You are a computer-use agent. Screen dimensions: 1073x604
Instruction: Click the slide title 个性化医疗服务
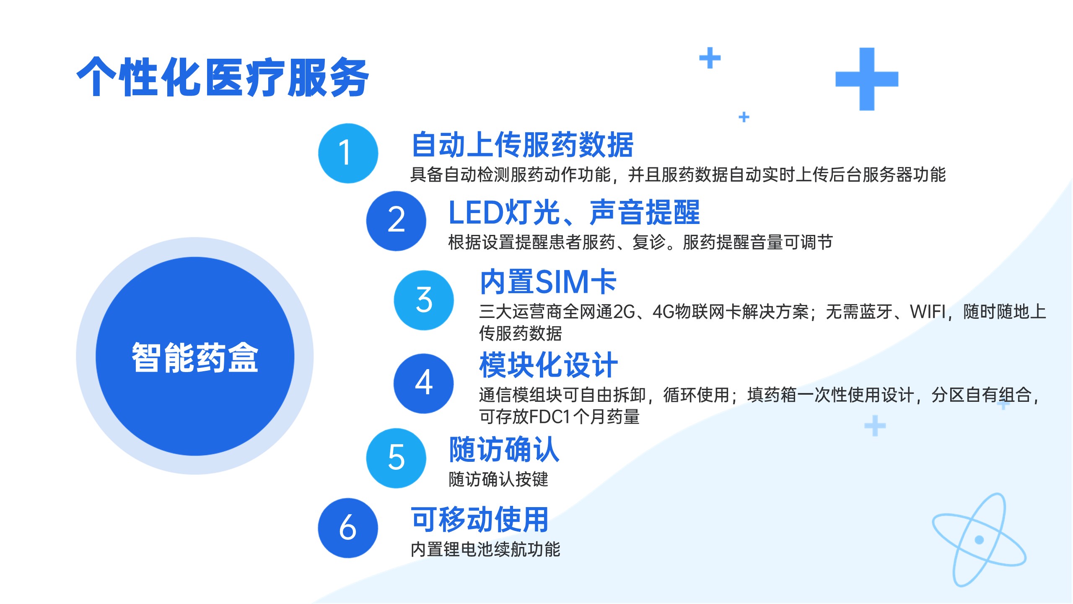[x=223, y=77]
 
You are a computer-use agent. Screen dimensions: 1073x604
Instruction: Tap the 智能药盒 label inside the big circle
[x=195, y=357]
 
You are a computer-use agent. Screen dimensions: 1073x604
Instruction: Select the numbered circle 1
[x=348, y=153]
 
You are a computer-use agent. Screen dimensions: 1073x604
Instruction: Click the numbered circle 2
[x=396, y=221]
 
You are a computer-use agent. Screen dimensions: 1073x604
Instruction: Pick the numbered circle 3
[x=424, y=300]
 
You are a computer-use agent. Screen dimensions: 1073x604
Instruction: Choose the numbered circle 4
[x=423, y=383]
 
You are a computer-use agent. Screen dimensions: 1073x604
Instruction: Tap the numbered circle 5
[x=396, y=458]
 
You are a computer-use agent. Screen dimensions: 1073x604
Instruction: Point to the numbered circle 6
[x=348, y=528]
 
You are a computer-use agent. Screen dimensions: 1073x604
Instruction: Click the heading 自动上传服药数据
[x=522, y=145]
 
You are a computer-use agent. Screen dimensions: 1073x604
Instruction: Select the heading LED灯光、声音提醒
[x=574, y=212]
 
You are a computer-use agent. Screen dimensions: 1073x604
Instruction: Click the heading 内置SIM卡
[x=548, y=282]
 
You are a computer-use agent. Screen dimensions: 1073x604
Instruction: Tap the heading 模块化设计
[x=548, y=365]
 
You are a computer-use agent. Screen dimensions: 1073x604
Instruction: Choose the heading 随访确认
[x=504, y=449]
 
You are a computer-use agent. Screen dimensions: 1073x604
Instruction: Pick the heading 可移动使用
[x=479, y=519]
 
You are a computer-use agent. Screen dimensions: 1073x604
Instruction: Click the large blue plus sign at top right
[x=867, y=79]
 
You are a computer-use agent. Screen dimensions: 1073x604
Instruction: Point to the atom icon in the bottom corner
[x=979, y=540]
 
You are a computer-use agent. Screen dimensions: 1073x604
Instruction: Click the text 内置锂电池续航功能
[x=485, y=549]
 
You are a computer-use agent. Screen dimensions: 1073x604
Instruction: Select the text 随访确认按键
[x=498, y=479]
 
